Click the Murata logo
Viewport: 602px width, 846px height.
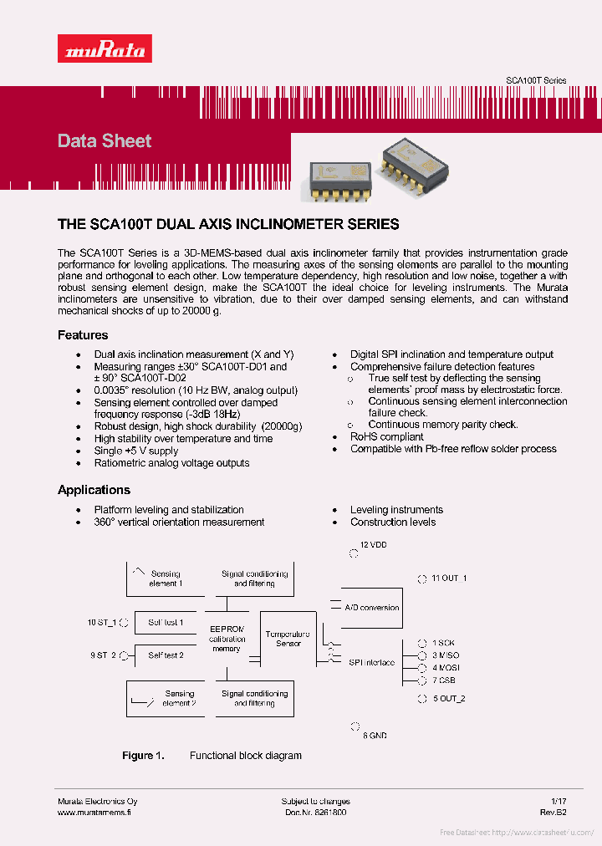[x=105, y=49]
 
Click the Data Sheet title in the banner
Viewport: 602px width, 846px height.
[x=105, y=140]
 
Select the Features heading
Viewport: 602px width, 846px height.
[x=83, y=335]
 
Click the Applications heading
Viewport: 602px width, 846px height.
[x=94, y=490]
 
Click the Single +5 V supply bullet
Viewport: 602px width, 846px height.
[x=135, y=451]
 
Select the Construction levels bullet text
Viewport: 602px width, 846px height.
[x=393, y=522]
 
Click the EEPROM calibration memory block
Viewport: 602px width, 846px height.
[x=227, y=639]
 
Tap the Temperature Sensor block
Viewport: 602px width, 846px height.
[x=288, y=639]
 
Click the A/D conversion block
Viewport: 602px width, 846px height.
[x=371, y=608]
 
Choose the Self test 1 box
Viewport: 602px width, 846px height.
[x=166, y=623]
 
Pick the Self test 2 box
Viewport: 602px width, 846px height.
[x=166, y=655]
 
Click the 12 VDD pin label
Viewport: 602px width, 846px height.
[x=373, y=545]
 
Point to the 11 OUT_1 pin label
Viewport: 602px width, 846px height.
[x=448, y=578]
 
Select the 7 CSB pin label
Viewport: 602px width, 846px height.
[x=443, y=680]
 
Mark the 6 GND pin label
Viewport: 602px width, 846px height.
[x=375, y=736]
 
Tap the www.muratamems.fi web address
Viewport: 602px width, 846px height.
[x=95, y=813]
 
